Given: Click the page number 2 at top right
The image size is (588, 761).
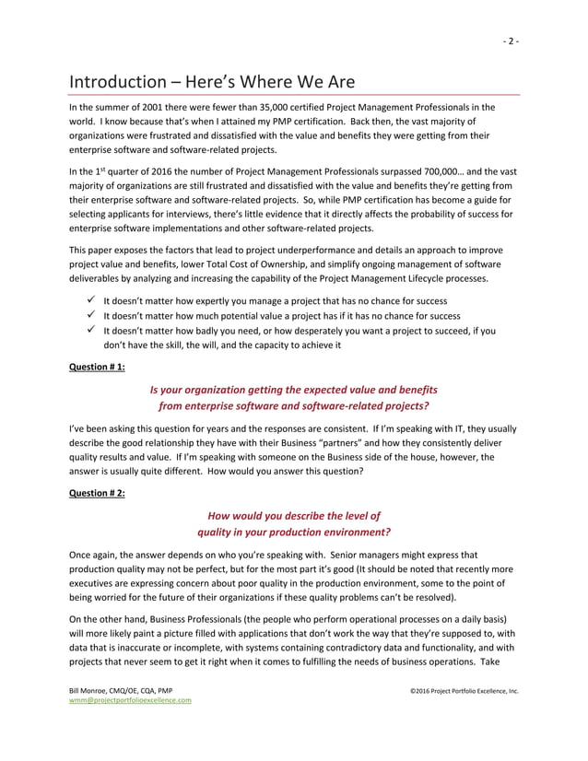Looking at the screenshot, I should (511, 41).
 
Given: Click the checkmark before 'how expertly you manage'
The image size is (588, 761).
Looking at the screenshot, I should (89, 300).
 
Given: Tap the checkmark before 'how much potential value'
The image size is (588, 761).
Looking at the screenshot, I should (89, 315).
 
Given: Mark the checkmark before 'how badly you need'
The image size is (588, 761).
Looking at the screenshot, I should (89, 329).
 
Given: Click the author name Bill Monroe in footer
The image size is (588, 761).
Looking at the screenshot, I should (92, 689).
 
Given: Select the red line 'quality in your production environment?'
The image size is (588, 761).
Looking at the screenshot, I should (294, 532).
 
